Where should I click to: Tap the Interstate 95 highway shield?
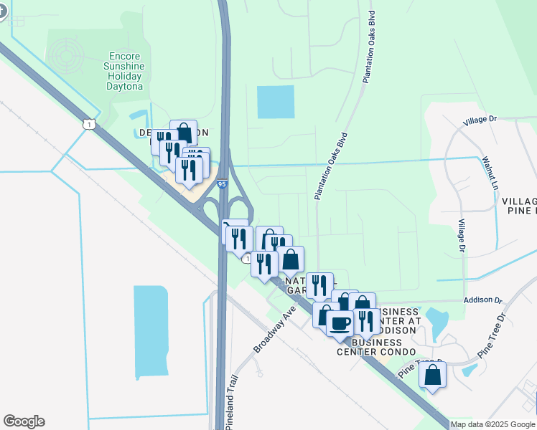pyautogui.click(x=222, y=184)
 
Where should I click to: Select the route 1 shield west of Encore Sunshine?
pyautogui.click(x=88, y=124)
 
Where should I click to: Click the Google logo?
pyautogui.click(x=24, y=421)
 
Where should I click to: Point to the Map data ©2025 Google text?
pyautogui.click(x=492, y=424)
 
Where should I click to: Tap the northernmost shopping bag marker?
pyautogui.click(x=184, y=133)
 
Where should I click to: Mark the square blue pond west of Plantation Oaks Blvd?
pyautogui.click(x=276, y=102)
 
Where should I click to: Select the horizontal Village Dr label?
pyautogui.click(x=480, y=120)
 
